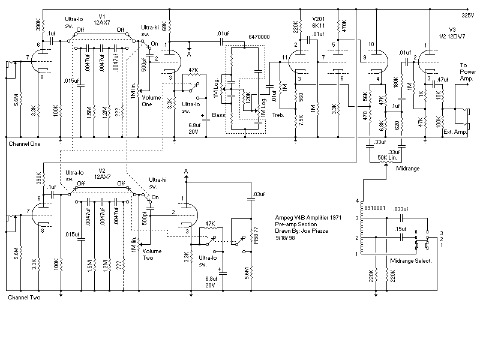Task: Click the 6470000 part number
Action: [x=259, y=37]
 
